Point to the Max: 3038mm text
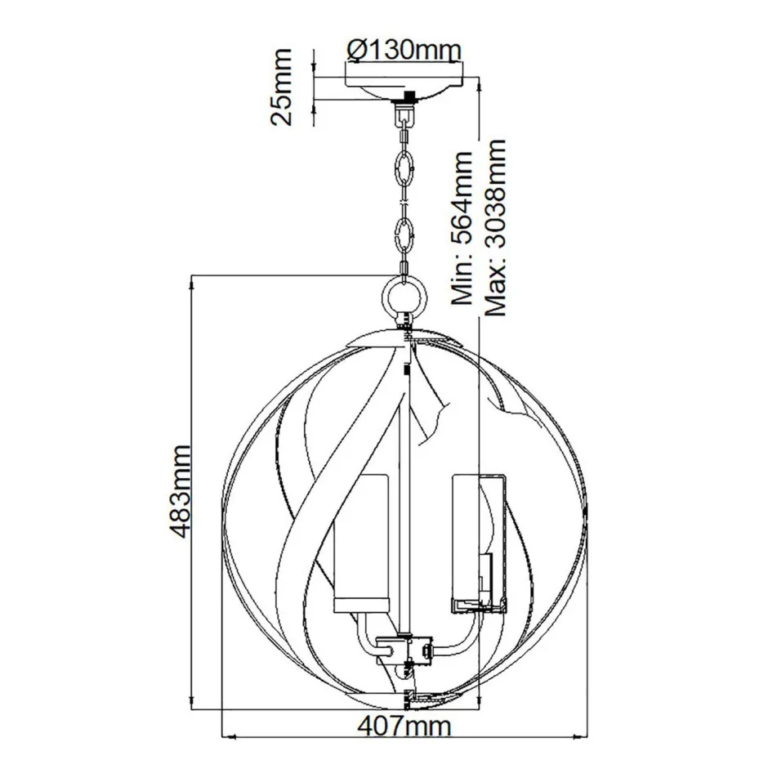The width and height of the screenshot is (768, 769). (x=495, y=228)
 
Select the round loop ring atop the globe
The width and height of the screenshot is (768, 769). (x=405, y=293)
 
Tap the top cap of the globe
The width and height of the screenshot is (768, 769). (x=406, y=333)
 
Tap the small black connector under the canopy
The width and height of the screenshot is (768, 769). (x=404, y=102)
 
